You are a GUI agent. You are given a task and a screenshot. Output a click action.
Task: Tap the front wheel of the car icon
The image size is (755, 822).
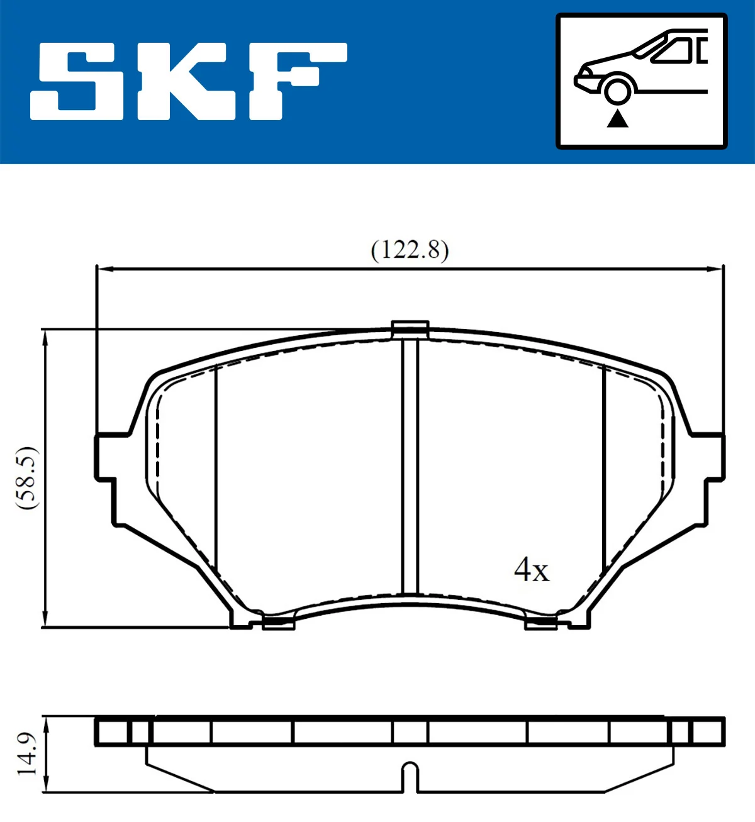tap(617, 90)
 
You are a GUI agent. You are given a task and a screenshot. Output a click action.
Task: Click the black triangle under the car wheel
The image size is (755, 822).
tap(617, 118)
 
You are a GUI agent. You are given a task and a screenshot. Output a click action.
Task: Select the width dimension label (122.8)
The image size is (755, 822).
tap(410, 250)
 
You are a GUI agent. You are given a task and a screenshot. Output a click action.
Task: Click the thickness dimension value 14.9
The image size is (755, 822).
tap(26, 753)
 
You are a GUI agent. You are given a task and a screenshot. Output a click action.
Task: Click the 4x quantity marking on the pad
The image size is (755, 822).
tap(531, 570)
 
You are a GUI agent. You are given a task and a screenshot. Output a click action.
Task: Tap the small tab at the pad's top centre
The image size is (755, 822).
tap(410, 328)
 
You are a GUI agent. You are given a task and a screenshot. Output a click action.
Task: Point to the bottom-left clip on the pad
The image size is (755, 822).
tap(277, 623)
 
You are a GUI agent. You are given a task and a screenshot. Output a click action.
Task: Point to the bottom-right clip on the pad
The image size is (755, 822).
tap(541, 623)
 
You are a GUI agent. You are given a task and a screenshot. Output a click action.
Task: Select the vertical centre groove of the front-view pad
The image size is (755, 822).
tap(410, 465)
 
